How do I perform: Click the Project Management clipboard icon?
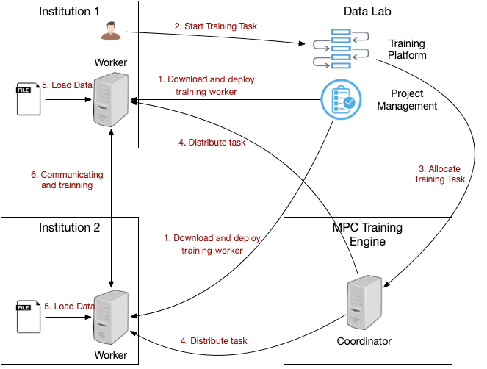340,100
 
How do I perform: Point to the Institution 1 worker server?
109,101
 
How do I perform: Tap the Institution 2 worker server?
109,318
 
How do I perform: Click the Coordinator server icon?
365,303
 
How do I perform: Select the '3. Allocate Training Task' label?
439,174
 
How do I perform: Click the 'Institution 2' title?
70,227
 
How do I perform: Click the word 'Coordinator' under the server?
364,341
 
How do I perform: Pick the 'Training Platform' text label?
408,49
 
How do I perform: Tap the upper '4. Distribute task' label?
212,143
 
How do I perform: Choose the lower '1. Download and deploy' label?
212,244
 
